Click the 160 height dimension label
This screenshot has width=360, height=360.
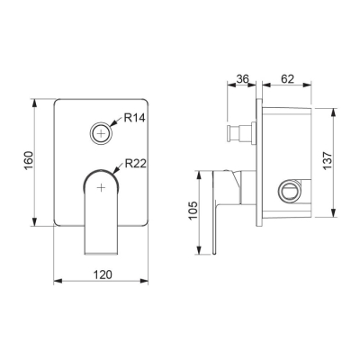[x=29, y=160]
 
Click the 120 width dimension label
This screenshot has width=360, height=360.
[x=103, y=274]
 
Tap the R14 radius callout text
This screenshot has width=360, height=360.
[x=135, y=118]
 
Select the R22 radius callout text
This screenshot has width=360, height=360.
[x=136, y=164]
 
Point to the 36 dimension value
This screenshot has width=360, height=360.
[x=242, y=78]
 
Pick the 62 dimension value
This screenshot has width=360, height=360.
[x=287, y=78]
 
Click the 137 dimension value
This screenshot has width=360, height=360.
[x=328, y=160]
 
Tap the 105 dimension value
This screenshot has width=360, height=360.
[x=193, y=210]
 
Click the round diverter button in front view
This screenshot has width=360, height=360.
[x=102, y=133]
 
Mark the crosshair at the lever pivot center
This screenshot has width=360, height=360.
[x=102, y=187]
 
